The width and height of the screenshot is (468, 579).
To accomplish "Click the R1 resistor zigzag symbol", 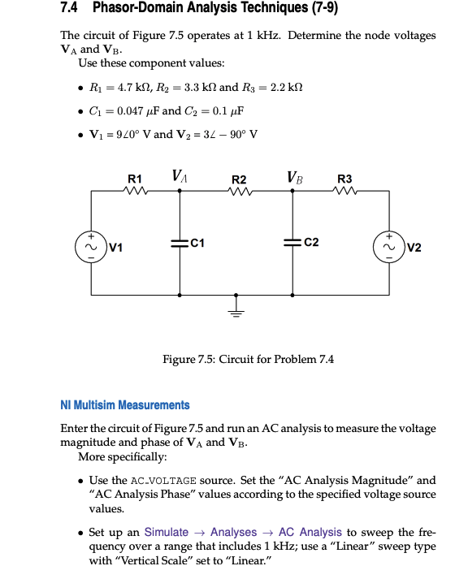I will pyautogui.click(x=135, y=191).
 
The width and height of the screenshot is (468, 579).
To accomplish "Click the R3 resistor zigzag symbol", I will pyautogui.click(x=344, y=191).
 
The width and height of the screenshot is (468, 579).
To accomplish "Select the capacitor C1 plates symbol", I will pyautogui.click(x=180, y=243).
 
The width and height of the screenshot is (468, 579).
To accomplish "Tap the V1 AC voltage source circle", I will pyautogui.click(x=90, y=243).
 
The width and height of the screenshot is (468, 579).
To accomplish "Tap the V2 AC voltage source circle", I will pyautogui.click(x=388, y=243).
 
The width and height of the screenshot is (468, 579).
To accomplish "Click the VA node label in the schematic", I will pyautogui.click(x=180, y=175).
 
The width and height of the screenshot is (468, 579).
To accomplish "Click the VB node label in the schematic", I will pyautogui.click(x=294, y=175).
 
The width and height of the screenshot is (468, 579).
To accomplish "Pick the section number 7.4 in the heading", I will pyautogui.click(x=71, y=9).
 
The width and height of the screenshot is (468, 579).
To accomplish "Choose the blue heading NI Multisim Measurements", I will pyautogui.click(x=125, y=404).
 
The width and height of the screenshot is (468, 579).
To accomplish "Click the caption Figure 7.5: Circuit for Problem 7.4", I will pyautogui.click(x=248, y=359).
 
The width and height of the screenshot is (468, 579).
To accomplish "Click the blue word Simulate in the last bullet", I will pyautogui.click(x=166, y=532).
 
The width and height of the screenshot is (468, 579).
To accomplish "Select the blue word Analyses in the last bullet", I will pyautogui.click(x=234, y=532).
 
